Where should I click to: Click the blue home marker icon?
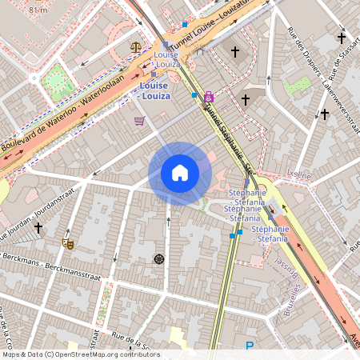180,173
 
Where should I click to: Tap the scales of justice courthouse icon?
136,47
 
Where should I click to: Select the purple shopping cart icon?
140,121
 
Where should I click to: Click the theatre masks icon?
68,242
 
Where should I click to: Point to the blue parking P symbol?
249,346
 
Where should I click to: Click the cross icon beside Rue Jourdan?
38,229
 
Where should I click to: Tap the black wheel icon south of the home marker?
158,258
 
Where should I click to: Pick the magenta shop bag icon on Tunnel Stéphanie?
209,97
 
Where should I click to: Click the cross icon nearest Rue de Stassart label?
342,38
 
